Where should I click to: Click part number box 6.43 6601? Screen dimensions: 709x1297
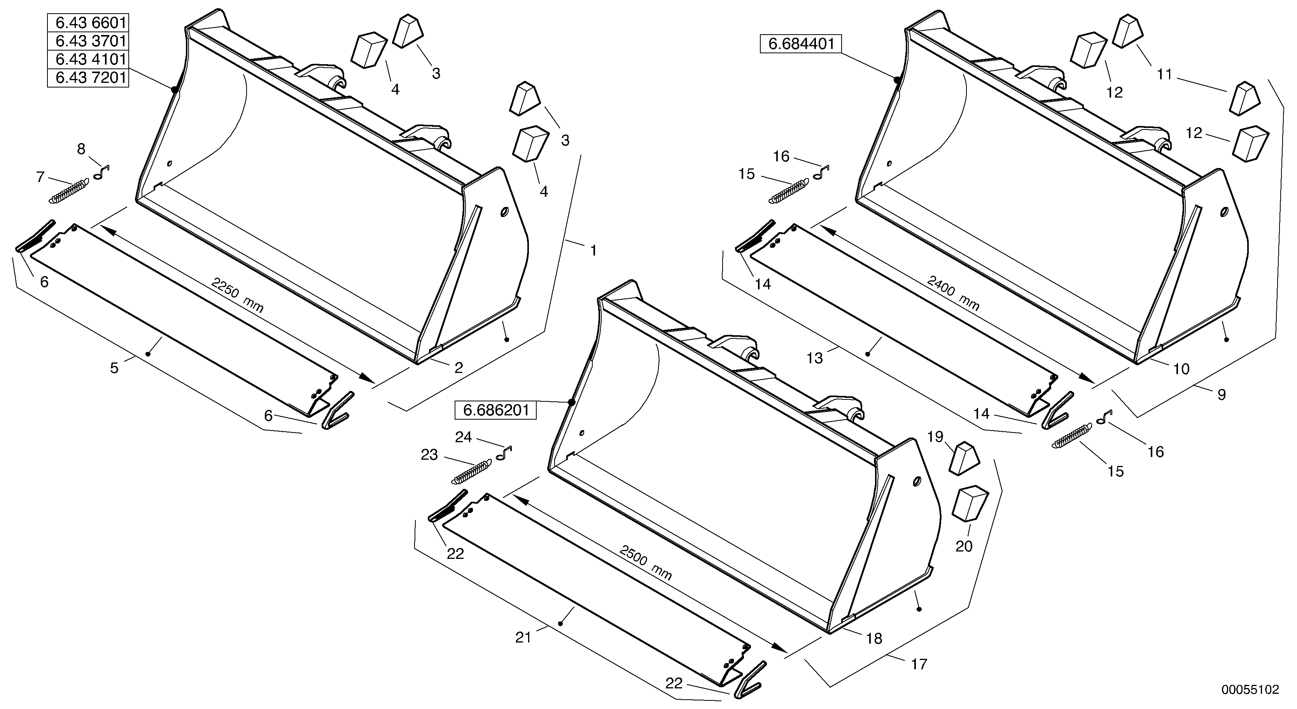88,23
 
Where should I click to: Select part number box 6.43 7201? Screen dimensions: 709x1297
88,78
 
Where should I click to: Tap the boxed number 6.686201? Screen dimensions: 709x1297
496,410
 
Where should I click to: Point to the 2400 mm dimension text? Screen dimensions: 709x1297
954,294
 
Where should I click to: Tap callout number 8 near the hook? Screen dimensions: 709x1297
81,149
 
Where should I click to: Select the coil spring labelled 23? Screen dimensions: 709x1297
472,471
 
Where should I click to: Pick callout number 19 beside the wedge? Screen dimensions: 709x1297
935,437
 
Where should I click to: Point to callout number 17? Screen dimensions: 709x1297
919,664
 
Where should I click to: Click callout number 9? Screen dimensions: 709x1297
1222,395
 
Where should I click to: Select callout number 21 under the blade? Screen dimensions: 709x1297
523,637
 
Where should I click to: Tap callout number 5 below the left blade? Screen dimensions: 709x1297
114,368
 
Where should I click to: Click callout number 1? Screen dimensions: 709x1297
593,250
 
